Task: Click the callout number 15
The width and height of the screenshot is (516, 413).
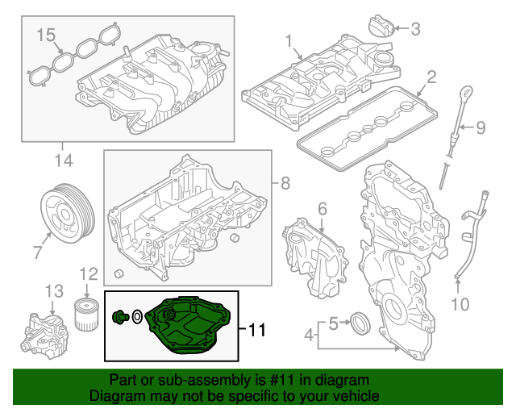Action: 46,35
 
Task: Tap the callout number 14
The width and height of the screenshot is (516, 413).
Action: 63,161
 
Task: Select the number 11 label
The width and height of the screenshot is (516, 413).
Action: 256,330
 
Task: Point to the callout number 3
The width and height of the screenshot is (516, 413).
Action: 415,30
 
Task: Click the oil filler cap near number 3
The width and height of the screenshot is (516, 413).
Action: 382,26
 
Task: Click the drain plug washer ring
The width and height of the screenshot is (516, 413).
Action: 138,317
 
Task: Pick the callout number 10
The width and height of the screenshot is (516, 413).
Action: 459,304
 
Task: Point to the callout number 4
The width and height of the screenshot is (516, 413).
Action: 309,333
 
